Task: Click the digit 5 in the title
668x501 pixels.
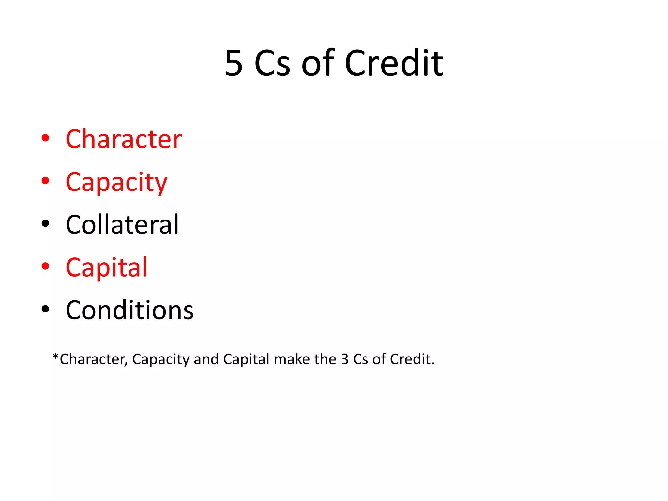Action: click(x=234, y=64)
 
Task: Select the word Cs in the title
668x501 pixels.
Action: click(x=272, y=64)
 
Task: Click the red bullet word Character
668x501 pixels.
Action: click(x=124, y=139)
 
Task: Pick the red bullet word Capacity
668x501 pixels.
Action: click(x=116, y=182)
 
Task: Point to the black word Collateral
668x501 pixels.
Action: click(x=122, y=225)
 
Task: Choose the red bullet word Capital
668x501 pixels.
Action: click(x=107, y=267)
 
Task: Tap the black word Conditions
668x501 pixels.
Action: click(x=129, y=310)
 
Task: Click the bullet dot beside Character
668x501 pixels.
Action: click(x=45, y=138)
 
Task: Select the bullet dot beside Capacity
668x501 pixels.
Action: click(x=45, y=181)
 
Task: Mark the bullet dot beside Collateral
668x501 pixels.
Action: click(x=45, y=224)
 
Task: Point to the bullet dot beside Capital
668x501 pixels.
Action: click(x=45, y=266)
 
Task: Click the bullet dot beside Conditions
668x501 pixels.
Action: click(x=45, y=309)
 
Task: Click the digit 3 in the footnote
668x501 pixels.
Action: click(x=345, y=359)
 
